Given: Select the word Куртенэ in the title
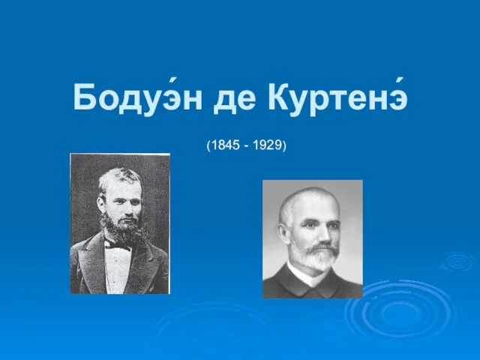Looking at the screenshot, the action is (x=337, y=97).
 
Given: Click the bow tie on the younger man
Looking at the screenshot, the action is (x=118, y=245).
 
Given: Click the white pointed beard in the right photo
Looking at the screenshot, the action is (x=315, y=257).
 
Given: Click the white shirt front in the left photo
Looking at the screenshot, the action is (x=117, y=269).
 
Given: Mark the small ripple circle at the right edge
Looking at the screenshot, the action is (x=457, y=262).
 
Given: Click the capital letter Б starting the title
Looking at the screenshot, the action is (x=83, y=97).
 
